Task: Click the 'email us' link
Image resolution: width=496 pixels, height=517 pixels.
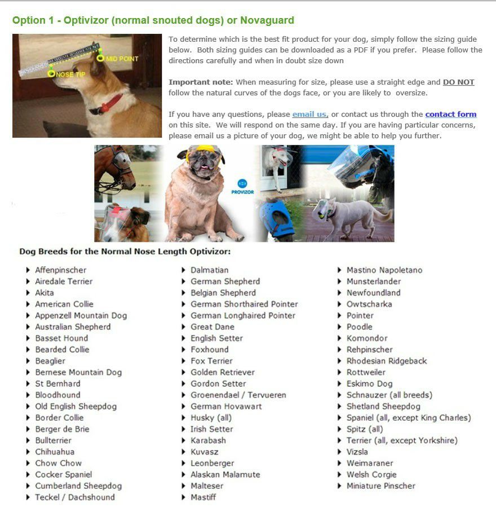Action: click(309, 114)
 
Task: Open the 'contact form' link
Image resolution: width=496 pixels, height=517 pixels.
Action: click(451, 114)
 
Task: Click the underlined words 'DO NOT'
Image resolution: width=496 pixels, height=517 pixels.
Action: click(458, 82)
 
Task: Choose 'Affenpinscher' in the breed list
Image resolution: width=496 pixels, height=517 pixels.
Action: click(61, 270)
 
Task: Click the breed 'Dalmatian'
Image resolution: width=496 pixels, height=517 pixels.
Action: click(209, 270)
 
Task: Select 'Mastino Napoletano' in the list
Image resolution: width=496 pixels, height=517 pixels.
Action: click(384, 270)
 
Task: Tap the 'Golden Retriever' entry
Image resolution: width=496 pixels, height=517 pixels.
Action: click(222, 372)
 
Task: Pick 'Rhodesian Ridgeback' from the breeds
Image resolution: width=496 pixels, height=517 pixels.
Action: click(387, 361)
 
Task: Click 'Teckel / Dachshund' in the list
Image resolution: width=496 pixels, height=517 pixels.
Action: click(74, 497)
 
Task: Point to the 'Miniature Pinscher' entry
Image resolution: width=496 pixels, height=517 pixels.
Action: click(380, 486)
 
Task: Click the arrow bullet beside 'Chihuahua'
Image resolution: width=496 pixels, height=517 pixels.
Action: click(28, 452)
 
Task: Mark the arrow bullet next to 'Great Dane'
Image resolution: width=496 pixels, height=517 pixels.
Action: click(184, 327)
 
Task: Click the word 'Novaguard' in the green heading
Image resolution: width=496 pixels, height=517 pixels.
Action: click(267, 20)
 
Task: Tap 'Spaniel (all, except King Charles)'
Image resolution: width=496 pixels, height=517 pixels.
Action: click(409, 418)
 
